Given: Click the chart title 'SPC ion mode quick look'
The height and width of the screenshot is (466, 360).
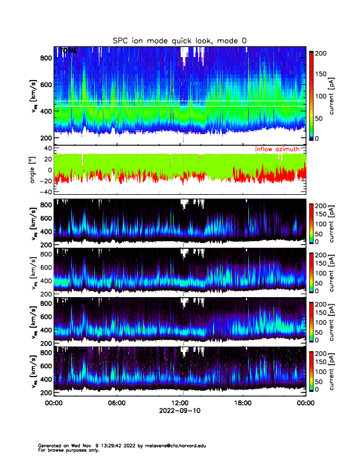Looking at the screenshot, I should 179,40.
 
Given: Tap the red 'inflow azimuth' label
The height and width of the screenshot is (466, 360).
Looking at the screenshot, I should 280,149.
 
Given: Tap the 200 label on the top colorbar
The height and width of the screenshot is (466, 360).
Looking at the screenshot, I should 322,53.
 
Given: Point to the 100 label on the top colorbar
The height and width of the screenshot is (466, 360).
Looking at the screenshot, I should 322,96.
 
